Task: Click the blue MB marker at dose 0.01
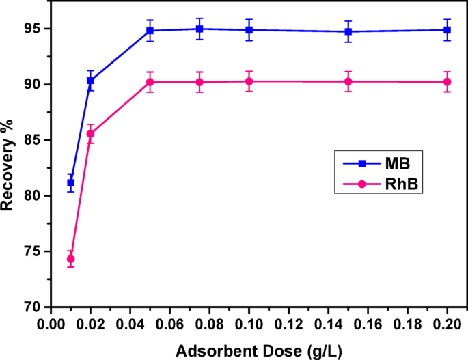point(70,182)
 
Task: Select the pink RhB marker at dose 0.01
point(70,259)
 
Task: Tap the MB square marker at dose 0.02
point(90,81)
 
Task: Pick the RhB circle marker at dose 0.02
point(90,134)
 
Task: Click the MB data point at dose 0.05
point(150,31)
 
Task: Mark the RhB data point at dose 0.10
point(249,81)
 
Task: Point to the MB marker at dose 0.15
point(348,31)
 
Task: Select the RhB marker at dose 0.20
point(448,82)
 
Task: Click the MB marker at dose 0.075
point(199,29)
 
